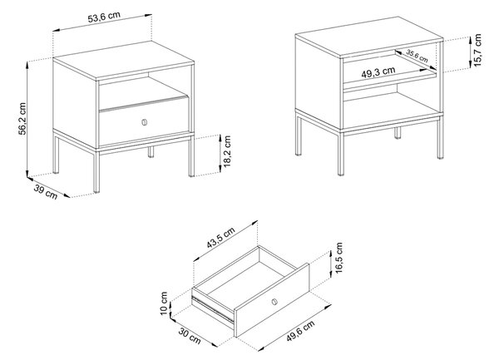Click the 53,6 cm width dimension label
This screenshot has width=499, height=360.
[x=104, y=17]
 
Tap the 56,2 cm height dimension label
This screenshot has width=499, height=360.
[x=22, y=119]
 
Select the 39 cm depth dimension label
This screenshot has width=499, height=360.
[x=46, y=192]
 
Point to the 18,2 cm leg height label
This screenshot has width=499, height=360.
[x=227, y=151]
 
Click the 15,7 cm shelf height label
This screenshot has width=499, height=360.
[x=477, y=50]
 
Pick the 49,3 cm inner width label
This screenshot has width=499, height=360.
[x=378, y=72]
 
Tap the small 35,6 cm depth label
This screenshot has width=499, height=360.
[x=417, y=56]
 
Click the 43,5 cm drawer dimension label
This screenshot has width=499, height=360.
[x=221, y=238]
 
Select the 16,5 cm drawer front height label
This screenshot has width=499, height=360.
[x=338, y=258]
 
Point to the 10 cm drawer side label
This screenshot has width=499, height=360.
[x=164, y=303]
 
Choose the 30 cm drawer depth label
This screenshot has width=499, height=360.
[x=190, y=336]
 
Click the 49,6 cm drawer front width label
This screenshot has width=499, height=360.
[x=300, y=331]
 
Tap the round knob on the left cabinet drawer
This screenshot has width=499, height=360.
[x=145, y=122]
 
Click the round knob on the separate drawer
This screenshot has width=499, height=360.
[x=274, y=302]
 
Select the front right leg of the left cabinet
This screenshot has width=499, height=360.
[x=191, y=156]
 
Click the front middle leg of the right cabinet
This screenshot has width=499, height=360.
[x=340, y=154]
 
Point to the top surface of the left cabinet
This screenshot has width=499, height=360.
[x=124, y=60]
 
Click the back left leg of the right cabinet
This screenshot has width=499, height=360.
[x=299, y=136]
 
